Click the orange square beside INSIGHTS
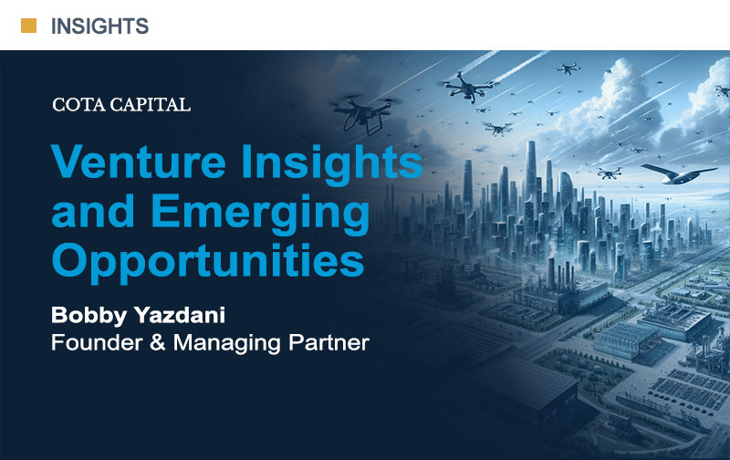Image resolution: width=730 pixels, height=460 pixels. click(29, 26)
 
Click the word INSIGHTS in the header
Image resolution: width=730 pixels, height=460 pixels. click(99, 26)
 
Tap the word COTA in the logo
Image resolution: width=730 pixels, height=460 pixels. click(78, 105)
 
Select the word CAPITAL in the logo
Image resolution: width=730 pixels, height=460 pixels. click(150, 105)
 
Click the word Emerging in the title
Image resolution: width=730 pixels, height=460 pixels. click(260, 214)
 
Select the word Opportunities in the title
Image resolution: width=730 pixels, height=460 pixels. click(208, 262)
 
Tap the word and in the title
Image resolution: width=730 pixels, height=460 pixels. click(93, 211)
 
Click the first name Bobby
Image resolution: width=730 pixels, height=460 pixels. click(89, 315)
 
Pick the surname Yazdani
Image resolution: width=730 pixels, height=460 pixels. click(180, 315)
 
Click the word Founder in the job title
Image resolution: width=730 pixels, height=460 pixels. click(97, 342)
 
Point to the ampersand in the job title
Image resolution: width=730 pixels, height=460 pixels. click(158, 342)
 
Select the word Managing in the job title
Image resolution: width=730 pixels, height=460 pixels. click(227, 343)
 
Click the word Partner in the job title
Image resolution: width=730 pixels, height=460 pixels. click(328, 342)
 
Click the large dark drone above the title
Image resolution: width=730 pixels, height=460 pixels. click(366, 113)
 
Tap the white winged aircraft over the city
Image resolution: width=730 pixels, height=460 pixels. click(677, 173)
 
